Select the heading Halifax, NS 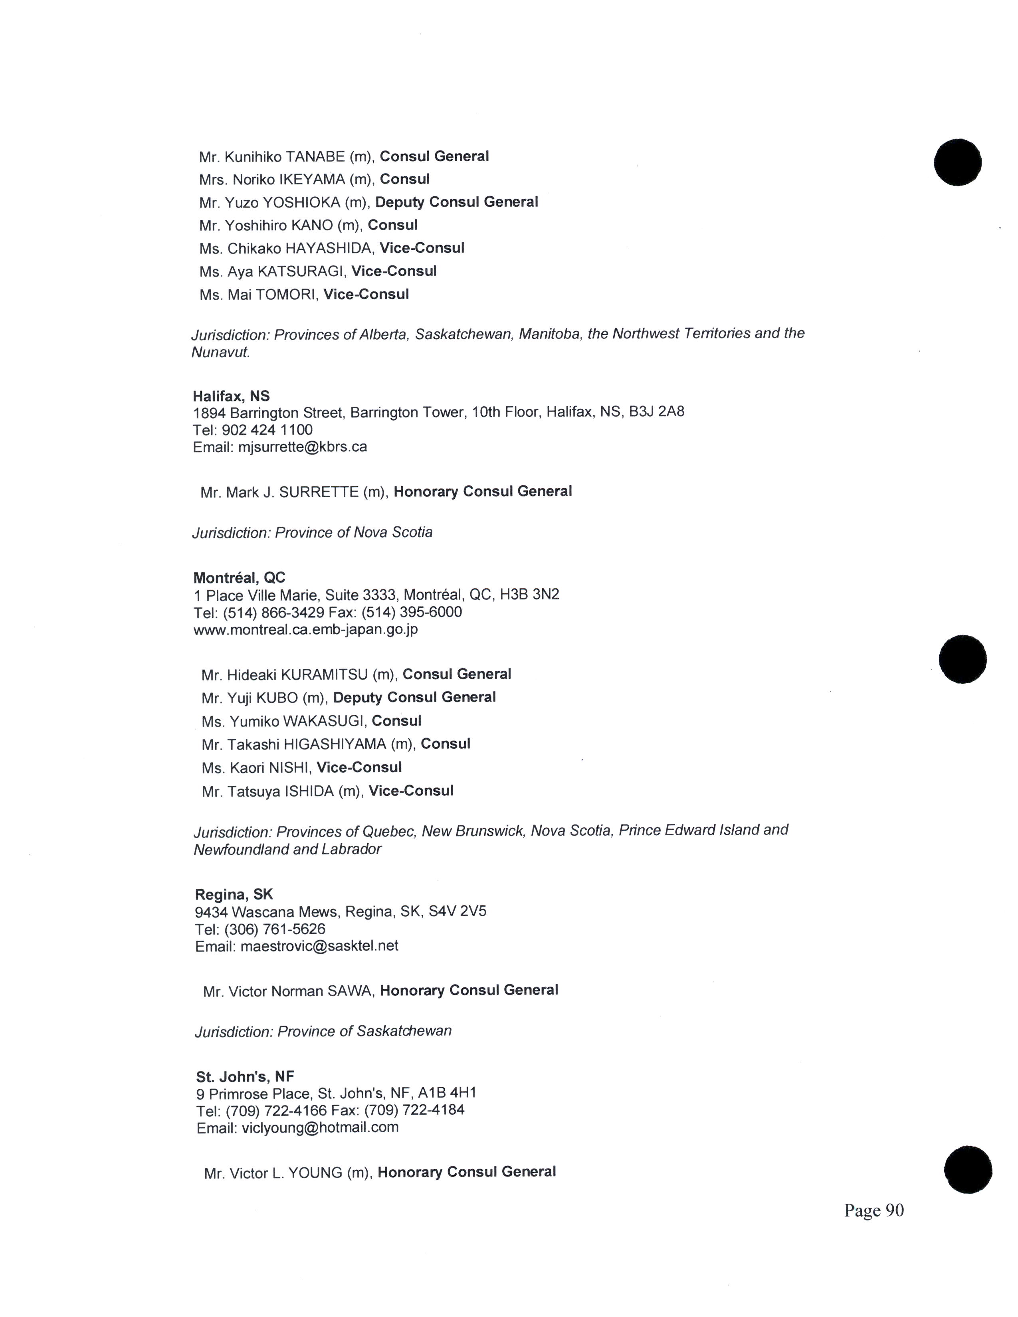(231, 396)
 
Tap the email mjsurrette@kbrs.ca (303, 447)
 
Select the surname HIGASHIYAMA (335, 745)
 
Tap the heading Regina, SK (234, 894)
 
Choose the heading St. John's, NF (245, 1076)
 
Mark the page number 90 (894, 1210)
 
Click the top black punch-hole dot (958, 162)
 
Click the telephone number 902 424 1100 (267, 430)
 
